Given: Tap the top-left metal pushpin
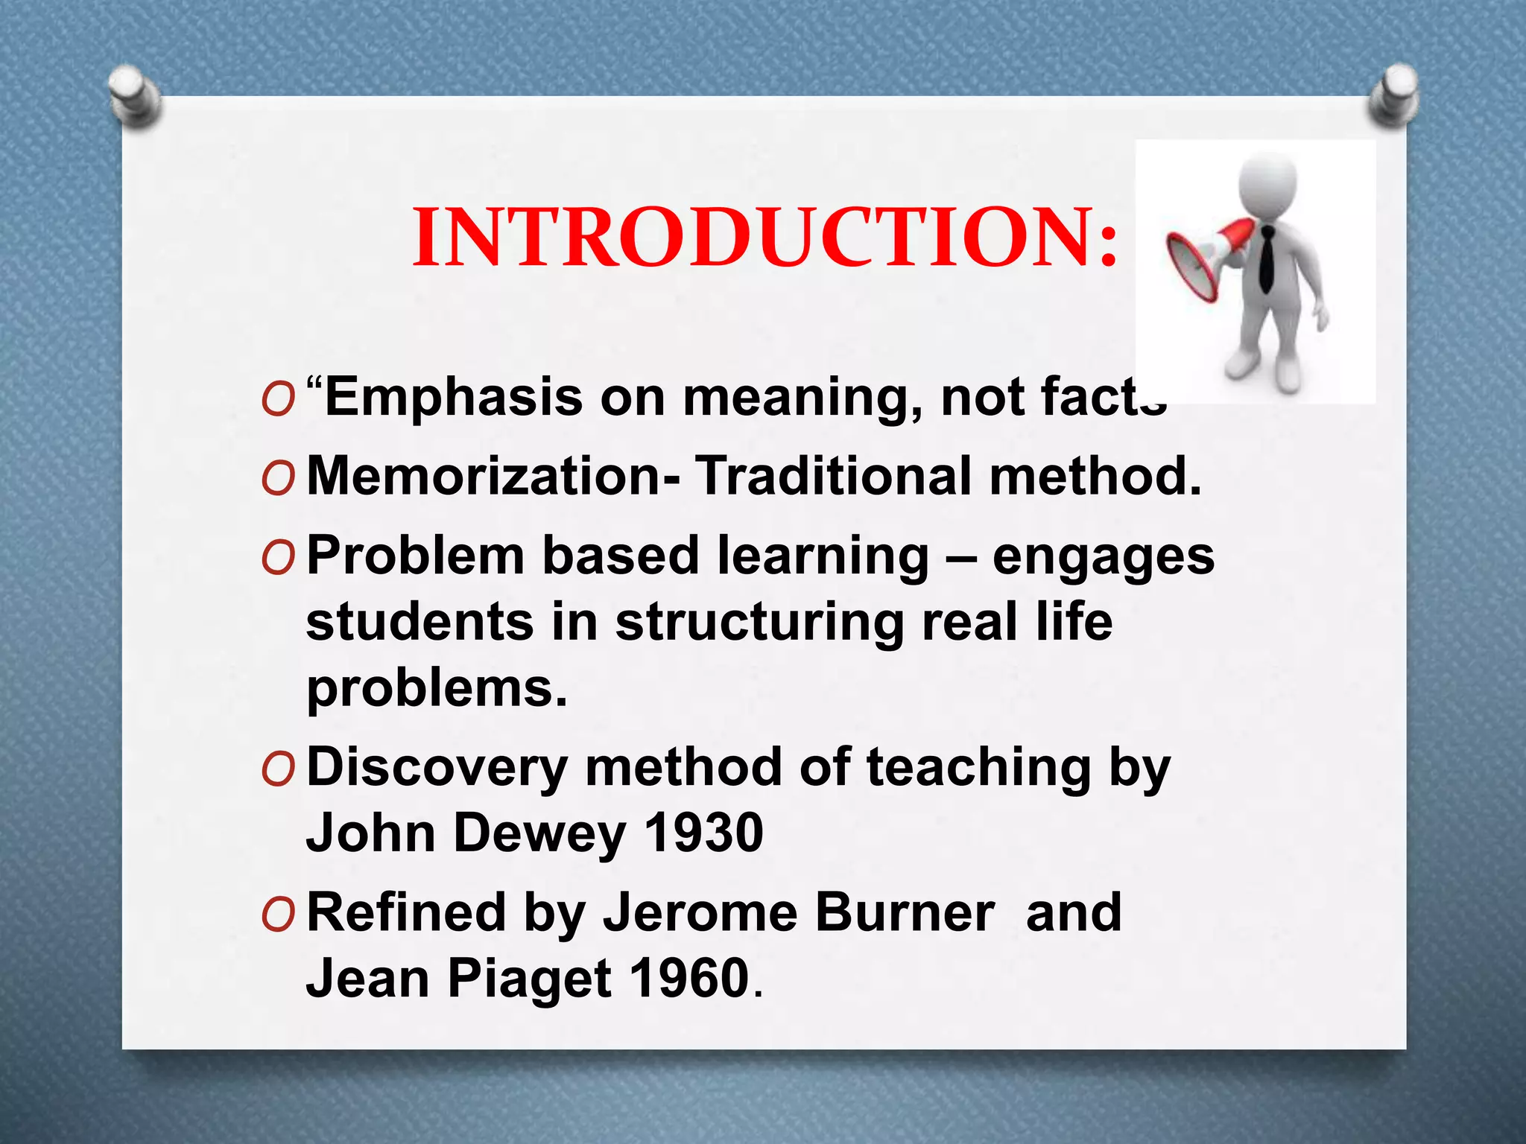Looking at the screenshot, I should point(134,95).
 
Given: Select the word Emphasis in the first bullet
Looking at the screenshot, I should point(454,398).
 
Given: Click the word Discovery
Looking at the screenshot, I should point(437,768).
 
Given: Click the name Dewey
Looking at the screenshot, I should point(539,834).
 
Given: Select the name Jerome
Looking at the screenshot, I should point(700,913).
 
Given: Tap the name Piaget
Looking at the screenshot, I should point(529,979).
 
